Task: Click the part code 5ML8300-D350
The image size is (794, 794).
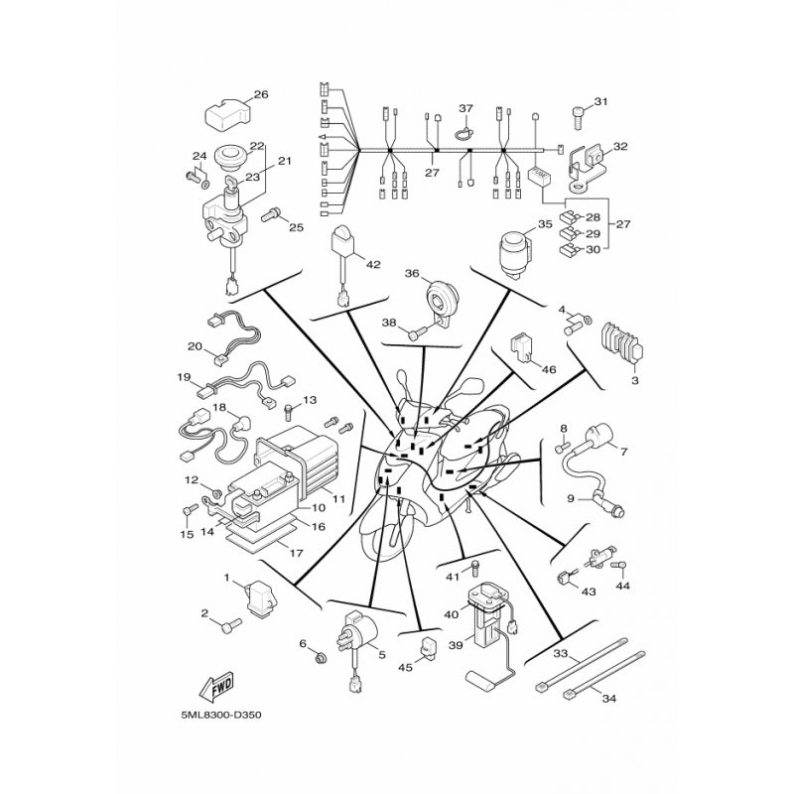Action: tap(220, 715)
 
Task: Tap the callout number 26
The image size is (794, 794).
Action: tap(261, 94)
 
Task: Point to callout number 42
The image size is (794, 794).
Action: tap(373, 264)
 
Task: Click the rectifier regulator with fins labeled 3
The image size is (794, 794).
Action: tap(622, 343)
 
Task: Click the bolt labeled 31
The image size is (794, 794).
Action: tap(579, 115)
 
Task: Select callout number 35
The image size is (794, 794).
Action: tap(545, 224)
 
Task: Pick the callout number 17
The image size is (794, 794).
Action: tap(296, 553)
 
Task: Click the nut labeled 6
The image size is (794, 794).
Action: tap(320, 658)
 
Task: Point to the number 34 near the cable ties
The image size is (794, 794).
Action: tap(609, 699)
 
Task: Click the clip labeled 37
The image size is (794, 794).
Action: tap(464, 133)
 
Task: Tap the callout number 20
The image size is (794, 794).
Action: tap(195, 346)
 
